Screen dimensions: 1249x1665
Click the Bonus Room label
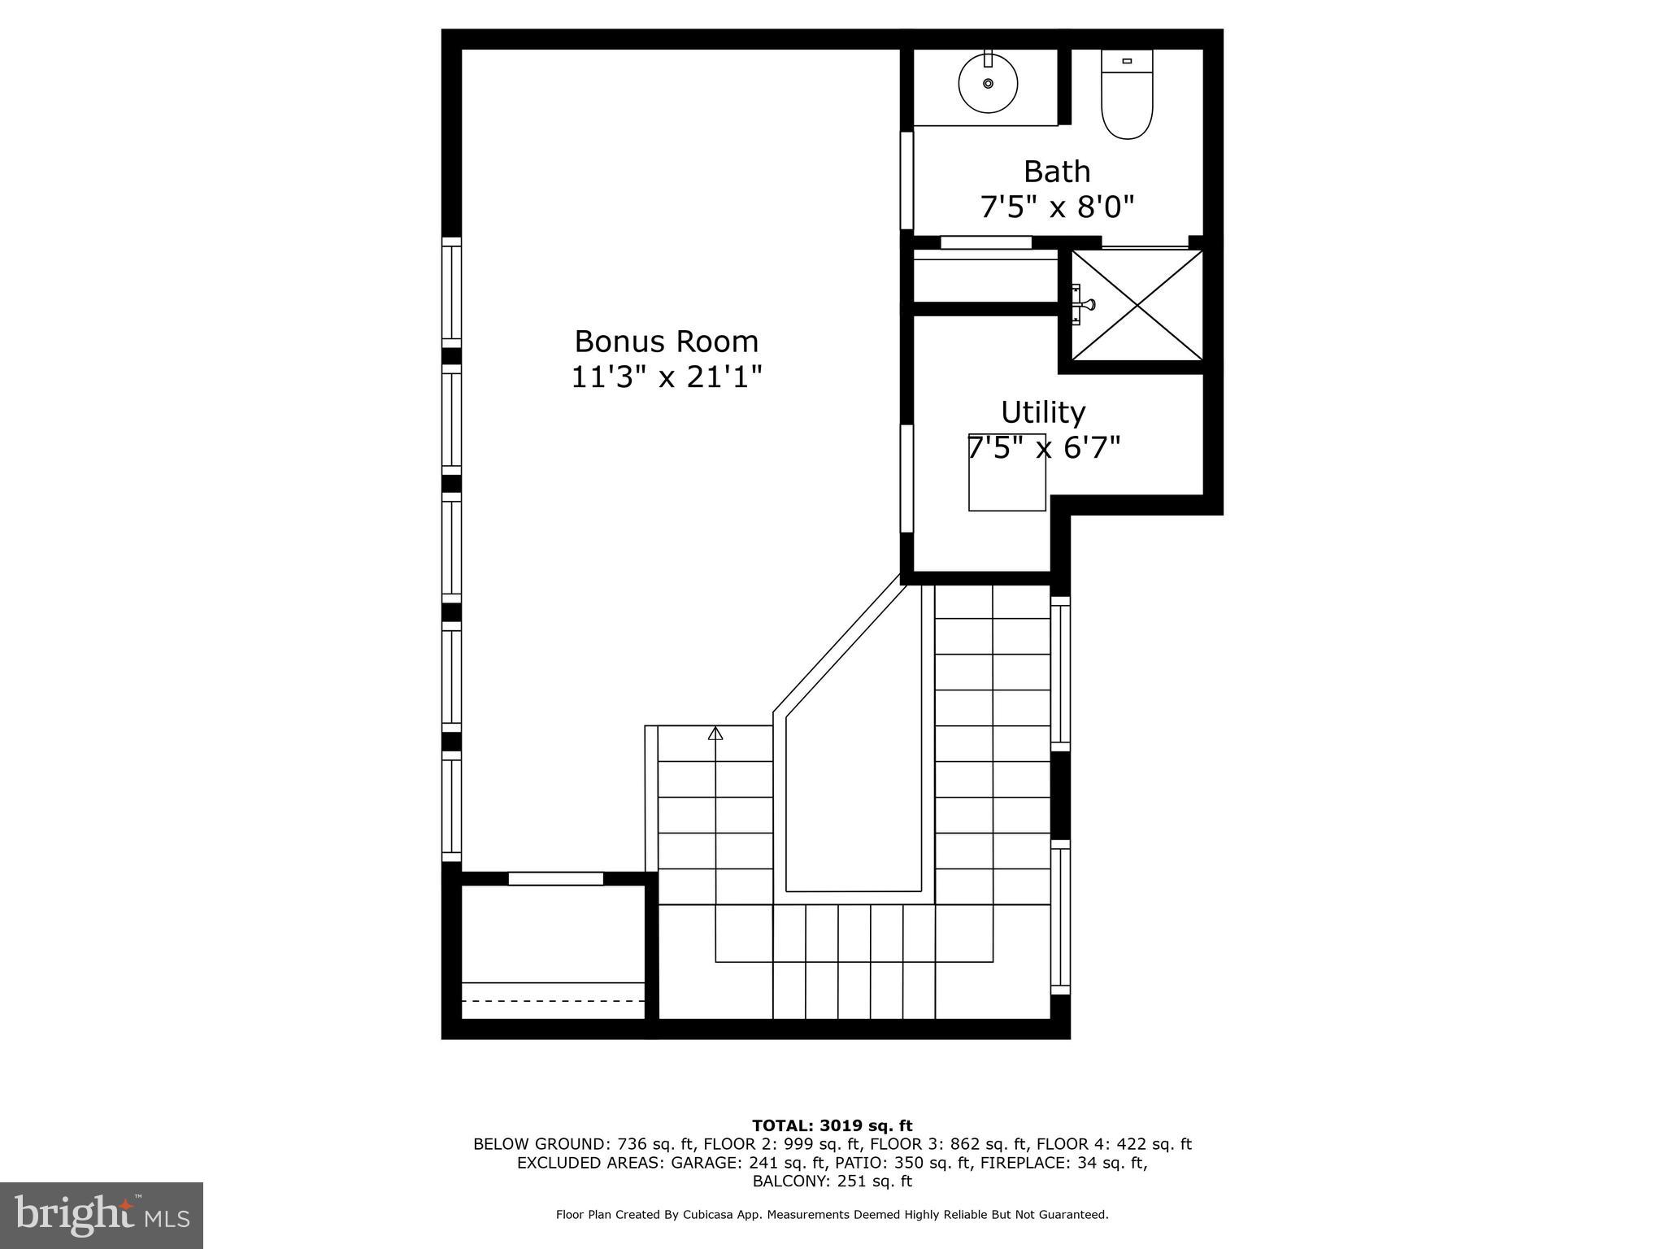pos(666,341)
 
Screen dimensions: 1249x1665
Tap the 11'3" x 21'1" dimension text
pos(666,377)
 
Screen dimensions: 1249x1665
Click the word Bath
pos(1056,172)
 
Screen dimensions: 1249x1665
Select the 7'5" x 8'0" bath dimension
pos(1056,207)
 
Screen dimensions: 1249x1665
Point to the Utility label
pos(1042,412)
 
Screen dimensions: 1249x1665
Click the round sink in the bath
pos(988,83)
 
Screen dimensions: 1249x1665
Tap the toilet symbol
pos(1127,96)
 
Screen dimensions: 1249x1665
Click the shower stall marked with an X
pos(1137,304)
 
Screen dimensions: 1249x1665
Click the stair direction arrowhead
pos(715,733)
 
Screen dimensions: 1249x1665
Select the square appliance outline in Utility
pos(1006,485)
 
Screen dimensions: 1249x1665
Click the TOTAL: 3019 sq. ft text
pos(832,1125)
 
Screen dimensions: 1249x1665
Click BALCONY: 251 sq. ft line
pos(832,1181)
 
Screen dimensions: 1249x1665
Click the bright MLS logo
pos(102,1215)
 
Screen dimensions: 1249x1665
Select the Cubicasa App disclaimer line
pos(832,1215)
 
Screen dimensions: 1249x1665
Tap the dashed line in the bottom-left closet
pos(553,1001)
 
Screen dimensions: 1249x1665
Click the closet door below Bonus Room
pos(556,878)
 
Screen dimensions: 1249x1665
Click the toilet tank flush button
pos(1127,61)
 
